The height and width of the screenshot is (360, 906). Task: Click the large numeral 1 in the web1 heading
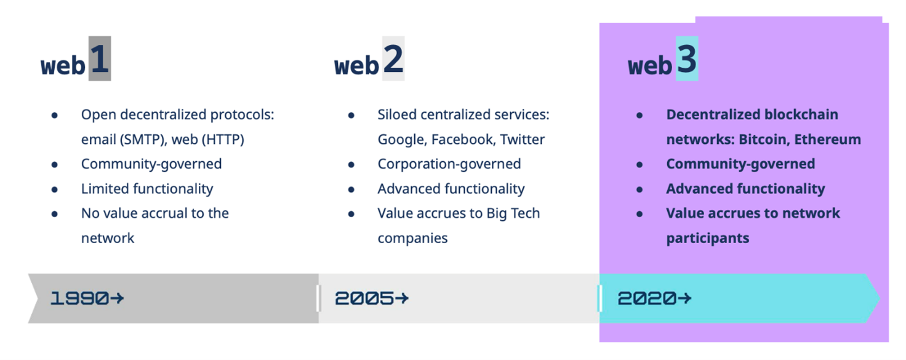(x=100, y=59)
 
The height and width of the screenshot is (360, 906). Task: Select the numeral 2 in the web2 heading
(x=393, y=59)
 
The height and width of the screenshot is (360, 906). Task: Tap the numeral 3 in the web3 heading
(x=687, y=59)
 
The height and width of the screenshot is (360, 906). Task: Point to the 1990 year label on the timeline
(x=79, y=298)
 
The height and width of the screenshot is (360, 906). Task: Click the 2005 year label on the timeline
(x=364, y=298)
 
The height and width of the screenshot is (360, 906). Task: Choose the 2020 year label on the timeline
(x=647, y=298)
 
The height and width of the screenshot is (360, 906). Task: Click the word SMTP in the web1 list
(x=143, y=140)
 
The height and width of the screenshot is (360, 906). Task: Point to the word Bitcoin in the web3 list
(x=764, y=140)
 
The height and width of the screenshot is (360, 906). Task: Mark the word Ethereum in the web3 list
(x=828, y=140)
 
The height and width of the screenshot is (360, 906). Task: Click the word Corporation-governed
(x=449, y=164)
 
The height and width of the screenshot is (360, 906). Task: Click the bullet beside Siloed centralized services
(x=351, y=116)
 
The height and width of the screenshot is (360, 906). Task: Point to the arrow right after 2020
(x=685, y=298)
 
